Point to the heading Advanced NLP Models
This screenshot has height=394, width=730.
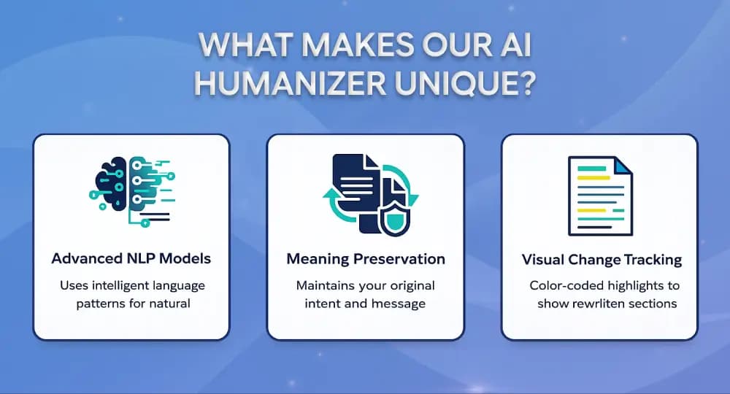point(132,259)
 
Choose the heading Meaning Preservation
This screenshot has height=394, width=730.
point(366,259)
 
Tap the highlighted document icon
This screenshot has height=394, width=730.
point(600,196)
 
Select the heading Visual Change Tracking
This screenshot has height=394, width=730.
point(602,260)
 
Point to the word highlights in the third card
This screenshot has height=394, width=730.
point(631,285)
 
